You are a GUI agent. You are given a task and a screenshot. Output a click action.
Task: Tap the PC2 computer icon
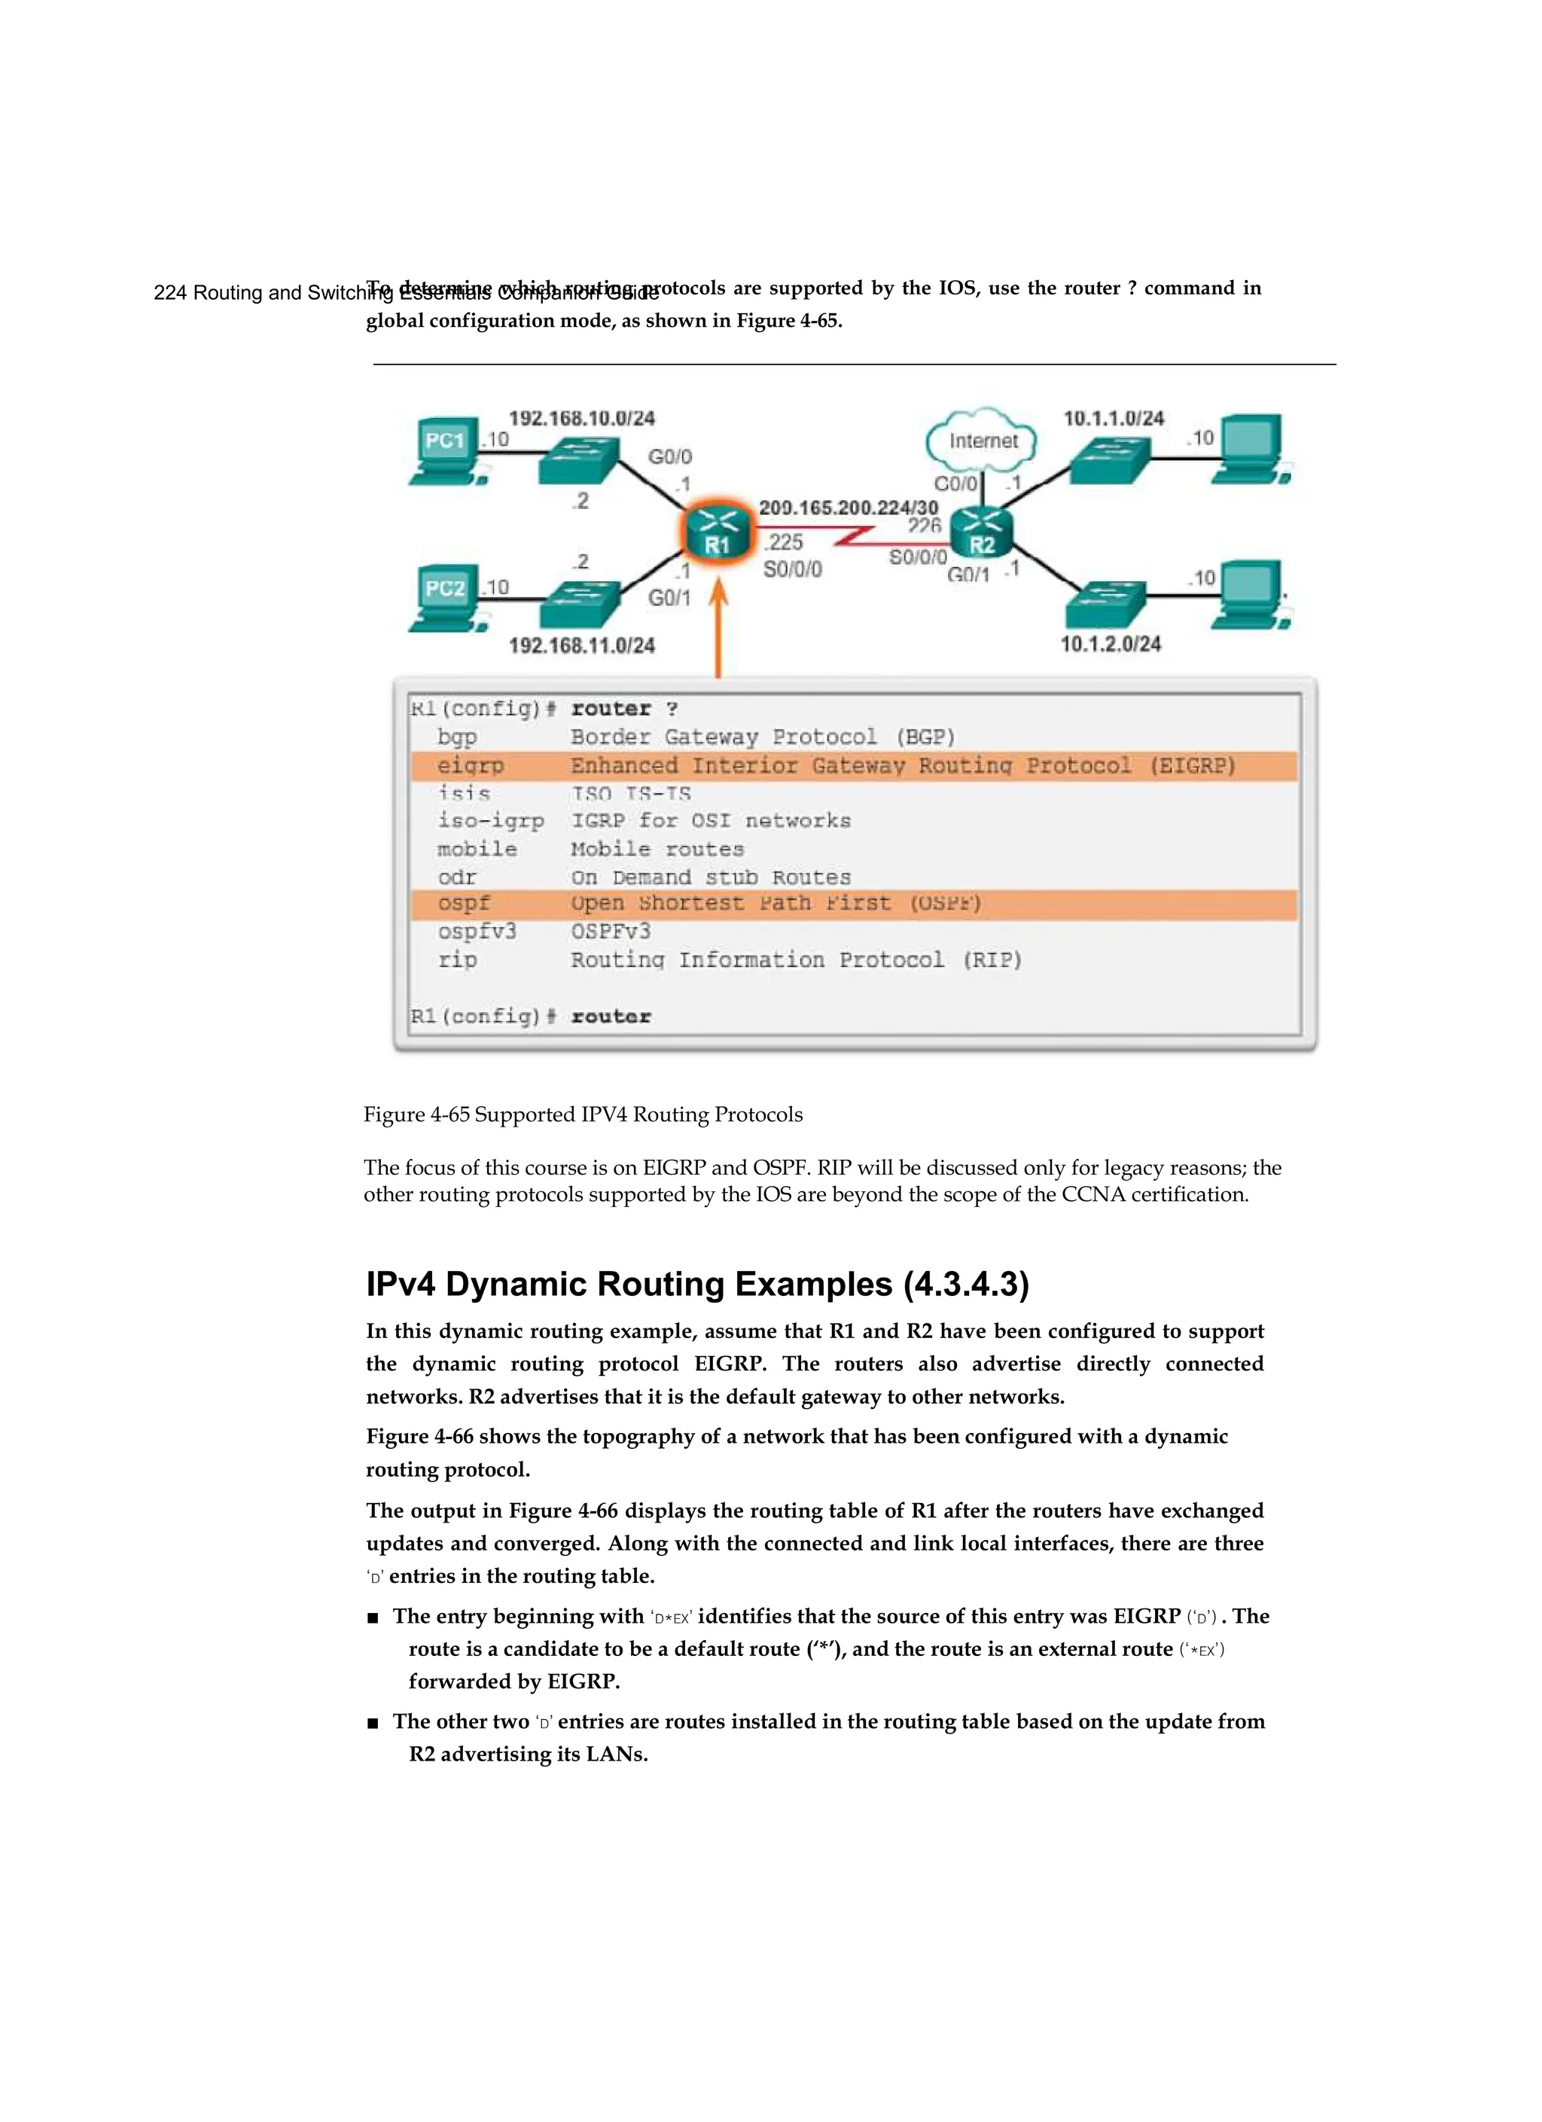tap(446, 599)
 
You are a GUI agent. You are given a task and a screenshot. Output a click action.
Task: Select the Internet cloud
tap(982, 440)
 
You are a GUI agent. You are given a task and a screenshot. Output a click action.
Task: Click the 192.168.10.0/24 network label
tap(581, 418)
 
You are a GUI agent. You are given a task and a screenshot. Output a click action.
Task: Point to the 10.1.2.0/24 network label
tap(1111, 644)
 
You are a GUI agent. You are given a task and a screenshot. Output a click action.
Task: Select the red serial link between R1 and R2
tap(855, 537)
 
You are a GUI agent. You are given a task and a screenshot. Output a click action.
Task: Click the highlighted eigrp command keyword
tap(471, 765)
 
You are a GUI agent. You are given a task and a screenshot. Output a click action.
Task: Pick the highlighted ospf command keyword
tap(463, 904)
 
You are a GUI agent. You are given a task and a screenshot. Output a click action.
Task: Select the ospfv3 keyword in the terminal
tap(477, 932)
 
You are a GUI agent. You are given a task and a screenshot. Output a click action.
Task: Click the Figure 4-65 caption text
tap(583, 1114)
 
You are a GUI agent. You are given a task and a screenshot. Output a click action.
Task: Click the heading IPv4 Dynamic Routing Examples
tap(697, 1284)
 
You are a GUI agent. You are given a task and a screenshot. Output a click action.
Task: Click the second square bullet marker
tap(373, 1722)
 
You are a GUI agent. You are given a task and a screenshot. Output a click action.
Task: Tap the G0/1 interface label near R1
tap(669, 597)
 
